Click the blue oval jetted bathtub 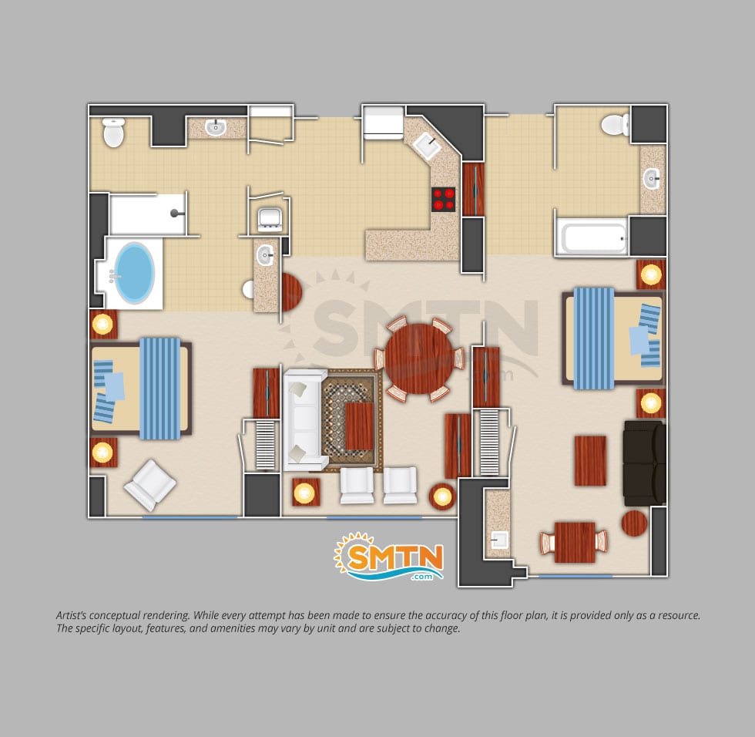(x=134, y=273)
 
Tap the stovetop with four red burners (x=444, y=199)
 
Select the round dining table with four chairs (x=419, y=359)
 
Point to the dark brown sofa (x=645, y=463)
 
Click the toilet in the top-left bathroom (x=114, y=132)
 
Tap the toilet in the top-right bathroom (x=616, y=124)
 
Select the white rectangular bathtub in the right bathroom (x=592, y=237)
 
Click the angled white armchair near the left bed (x=150, y=485)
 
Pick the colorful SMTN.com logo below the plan (x=389, y=557)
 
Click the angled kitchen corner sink (x=427, y=146)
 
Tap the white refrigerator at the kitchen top (x=384, y=123)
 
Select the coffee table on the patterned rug (x=359, y=426)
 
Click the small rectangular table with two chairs (x=574, y=542)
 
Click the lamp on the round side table (x=442, y=496)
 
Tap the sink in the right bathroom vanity (x=652, y=179)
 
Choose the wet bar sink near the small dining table (x=499, y=540)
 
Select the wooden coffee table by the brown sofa (x=590, y=460)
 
